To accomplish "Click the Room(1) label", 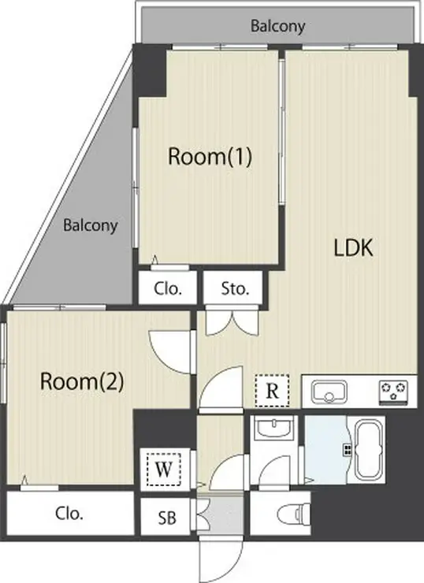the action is tap(210, 157).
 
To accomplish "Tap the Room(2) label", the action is tap(82, 381).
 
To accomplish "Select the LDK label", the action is tap(353, 248).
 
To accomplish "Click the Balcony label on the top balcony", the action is tap(277, 26).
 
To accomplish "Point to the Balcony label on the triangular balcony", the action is tap(91, 225).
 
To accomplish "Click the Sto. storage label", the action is tap(235, 288).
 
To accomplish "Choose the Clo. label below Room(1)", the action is tap(168, 288).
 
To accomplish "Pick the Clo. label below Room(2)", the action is tap(69, 514).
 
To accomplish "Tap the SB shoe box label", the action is tap(167, 518).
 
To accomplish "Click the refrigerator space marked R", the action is tap(272, 391).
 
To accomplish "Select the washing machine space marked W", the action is tap(163, 470).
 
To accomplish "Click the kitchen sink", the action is tap(329, 392).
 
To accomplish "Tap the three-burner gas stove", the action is tap(393, 392).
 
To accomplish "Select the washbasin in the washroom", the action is tap(274, 428).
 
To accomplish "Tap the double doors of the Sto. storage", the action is tap(232, 322).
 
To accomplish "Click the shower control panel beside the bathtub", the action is tap(347, 451).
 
